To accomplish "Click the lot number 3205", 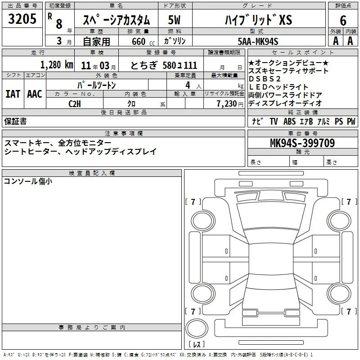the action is (x=22, y=19).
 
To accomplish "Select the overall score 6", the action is (x=343, y=20).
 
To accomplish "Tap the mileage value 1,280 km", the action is (x=57, y=65).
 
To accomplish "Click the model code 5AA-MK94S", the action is (x=258, y=41).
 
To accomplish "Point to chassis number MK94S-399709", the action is (x=302, y=143).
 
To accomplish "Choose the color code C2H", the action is (x=75, y=104).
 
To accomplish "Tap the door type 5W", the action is (x=174, y=20).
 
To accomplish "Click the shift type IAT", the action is (x=13, y=94).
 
